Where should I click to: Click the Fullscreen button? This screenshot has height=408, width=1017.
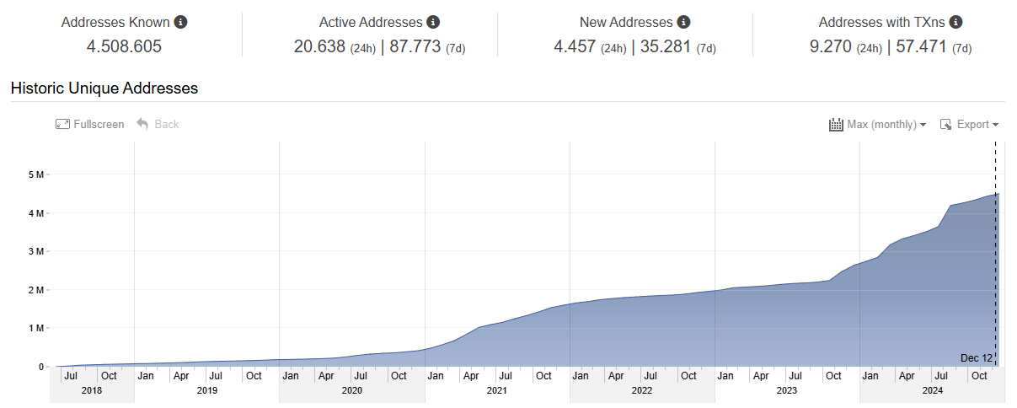click(90, 125)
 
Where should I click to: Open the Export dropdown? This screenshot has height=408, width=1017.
click(969, 125)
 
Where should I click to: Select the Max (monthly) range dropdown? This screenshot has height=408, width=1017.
click(878, 125)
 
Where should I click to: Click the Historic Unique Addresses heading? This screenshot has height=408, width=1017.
click(104, 88)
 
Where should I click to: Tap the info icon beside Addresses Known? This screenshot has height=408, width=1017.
click(180, 22)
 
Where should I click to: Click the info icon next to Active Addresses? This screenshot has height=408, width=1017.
click(433, 22)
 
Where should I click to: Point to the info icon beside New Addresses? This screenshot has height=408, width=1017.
click(684, 22)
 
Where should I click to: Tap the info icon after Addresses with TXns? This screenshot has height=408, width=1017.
click(955, 22)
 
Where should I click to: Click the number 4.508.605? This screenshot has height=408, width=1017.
click(124, 46)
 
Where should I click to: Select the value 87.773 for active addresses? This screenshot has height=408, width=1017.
click(415, 46)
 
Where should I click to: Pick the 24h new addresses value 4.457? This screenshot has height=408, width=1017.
click(575, 46)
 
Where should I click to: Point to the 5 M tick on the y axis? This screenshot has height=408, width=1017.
click(37, 174)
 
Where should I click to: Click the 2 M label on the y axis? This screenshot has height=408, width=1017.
click(37, 290)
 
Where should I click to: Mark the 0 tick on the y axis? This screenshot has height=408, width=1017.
click(40, 367)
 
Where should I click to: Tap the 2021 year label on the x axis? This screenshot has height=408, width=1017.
click(497, 390)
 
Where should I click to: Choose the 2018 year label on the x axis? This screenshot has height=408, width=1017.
click(91, 390)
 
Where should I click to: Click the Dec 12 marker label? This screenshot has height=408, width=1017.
click(976, 358)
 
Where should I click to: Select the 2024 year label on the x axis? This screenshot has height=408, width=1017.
click(932, 390)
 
